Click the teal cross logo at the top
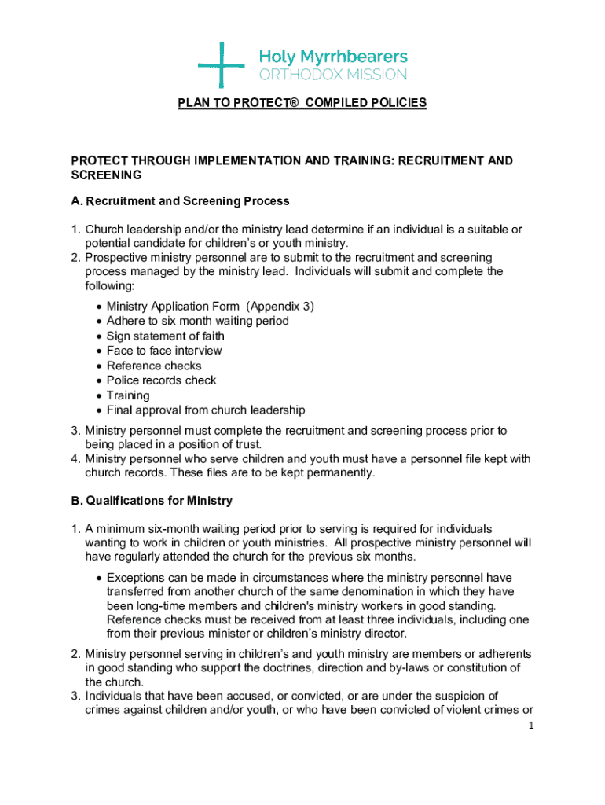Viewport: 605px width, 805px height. click(222, 64)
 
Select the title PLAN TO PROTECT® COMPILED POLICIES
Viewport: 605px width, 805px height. click(302, 103)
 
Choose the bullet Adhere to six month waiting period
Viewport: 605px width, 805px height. click(197, 321)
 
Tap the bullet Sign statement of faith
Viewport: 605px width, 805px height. click(165, 336)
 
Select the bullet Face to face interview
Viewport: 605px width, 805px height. click(164, 351)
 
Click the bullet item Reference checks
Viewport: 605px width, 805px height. click(154, 366)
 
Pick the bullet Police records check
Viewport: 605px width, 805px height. click(161, 380)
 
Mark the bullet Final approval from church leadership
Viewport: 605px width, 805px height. click(206, 410)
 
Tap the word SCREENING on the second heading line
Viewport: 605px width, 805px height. click(106, 175)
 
